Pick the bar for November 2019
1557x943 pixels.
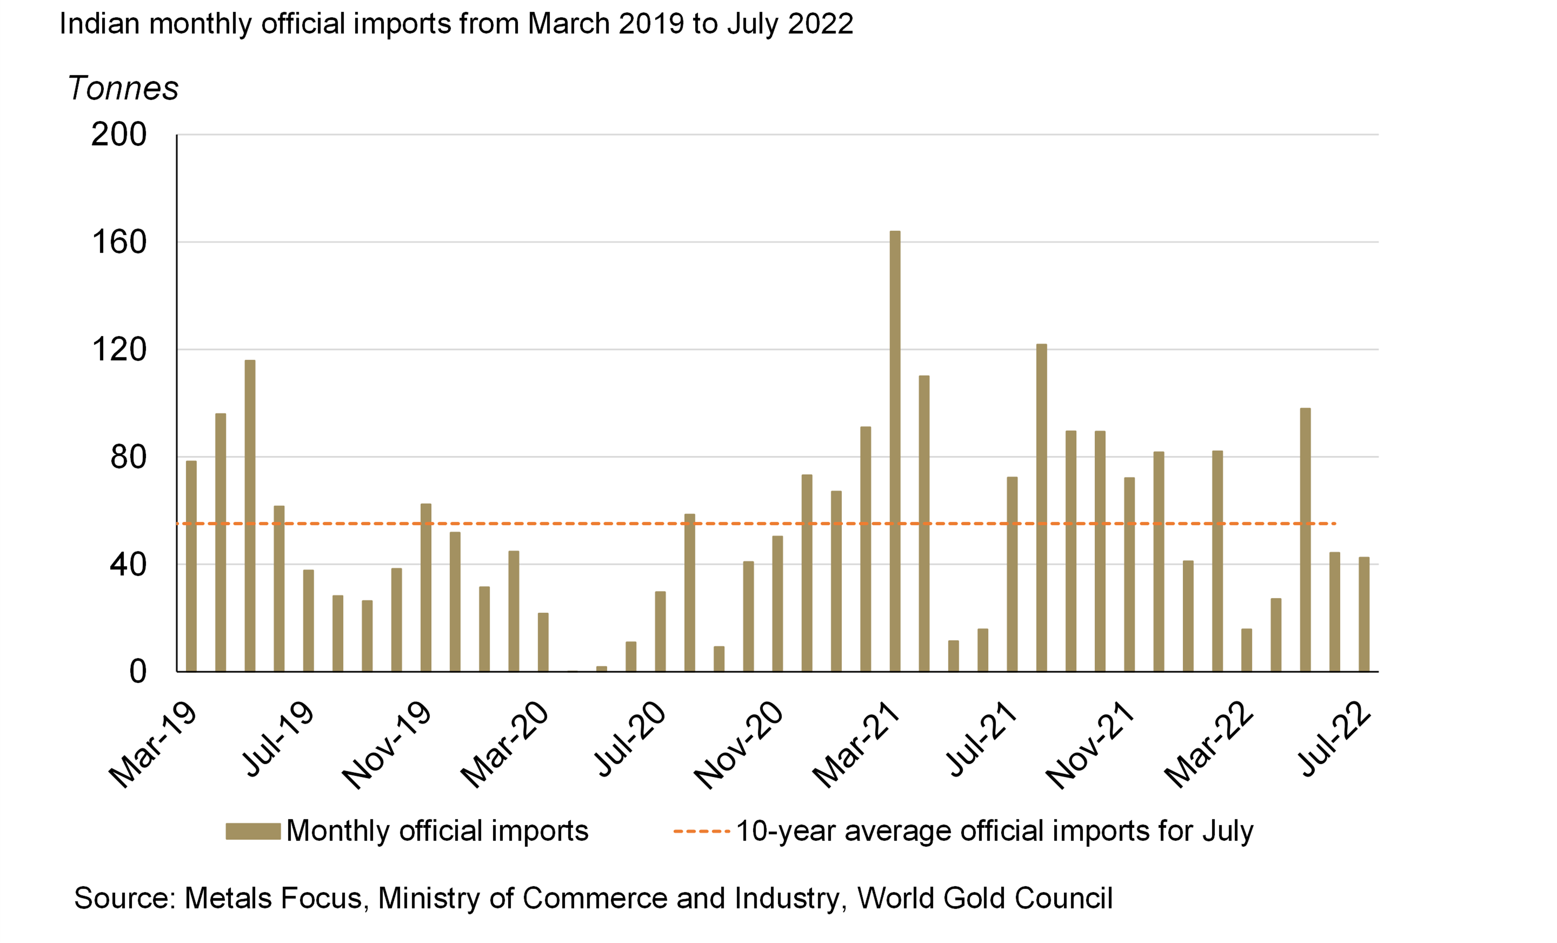pos(426,587)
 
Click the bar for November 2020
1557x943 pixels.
pos(777,603)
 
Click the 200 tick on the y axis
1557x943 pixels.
pos(119,134)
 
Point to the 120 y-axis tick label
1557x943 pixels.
pos(119,349)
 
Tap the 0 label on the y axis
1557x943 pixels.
pos(138,671)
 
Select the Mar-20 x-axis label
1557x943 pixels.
pos(506,745)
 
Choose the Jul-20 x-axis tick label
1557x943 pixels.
pos(632,739)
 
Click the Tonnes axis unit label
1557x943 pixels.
pos(123,88)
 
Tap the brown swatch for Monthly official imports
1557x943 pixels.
pos(253,831)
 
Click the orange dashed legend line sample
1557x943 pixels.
pos(702,831)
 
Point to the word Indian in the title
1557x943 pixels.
pos(99,24)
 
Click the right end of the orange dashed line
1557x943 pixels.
pos(1334,523)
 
